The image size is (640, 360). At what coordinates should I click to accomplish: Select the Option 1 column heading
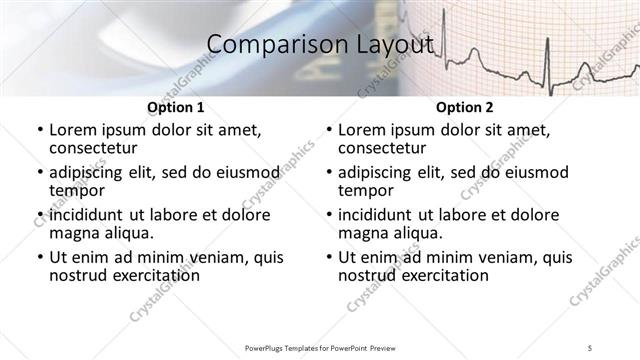tap(176, 107)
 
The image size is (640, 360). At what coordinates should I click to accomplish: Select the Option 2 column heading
tap(465, 107)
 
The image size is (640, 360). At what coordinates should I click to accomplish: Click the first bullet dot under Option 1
tap(38, 130)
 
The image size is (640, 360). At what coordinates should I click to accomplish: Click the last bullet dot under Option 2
tap(328, 257)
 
